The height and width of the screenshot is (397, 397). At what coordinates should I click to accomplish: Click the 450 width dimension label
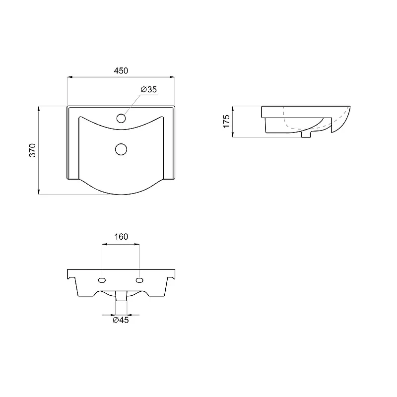pos(121,70)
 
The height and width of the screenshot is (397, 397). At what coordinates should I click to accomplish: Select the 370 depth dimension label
pos(33,150)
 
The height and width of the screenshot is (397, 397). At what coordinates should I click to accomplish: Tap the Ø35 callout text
pos(149,89)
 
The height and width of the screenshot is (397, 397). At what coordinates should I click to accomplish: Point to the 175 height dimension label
pos(226,121)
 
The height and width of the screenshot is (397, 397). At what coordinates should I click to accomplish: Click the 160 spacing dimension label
pos(121,237)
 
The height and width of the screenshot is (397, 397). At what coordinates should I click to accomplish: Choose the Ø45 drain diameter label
pos(121,320)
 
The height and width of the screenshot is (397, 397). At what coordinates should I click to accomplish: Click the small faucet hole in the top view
pos(121,118)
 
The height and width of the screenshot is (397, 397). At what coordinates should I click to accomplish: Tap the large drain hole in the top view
pos(121,149)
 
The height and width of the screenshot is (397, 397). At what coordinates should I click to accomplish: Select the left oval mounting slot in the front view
pos(102,280)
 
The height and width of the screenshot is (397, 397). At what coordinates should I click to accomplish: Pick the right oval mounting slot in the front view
pos(139,280)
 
